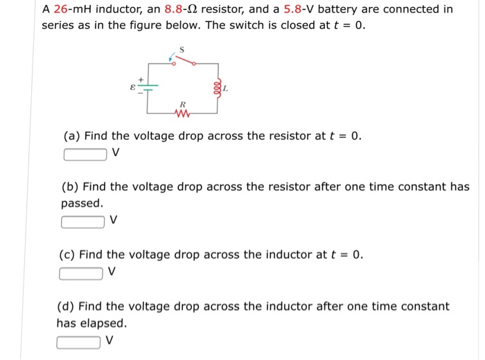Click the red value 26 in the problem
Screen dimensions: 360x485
pos(60,10)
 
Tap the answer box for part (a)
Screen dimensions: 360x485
pos(85,154)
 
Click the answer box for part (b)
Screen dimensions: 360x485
pos(83,222)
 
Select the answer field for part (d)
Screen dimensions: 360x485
pos(79,341)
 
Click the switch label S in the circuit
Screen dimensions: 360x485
pos(182,49)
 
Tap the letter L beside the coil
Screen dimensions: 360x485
pos(226,89)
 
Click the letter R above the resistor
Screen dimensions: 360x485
pos(182,103)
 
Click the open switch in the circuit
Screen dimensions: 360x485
pos(183,61)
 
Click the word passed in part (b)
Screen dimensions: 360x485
pos(82,204)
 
